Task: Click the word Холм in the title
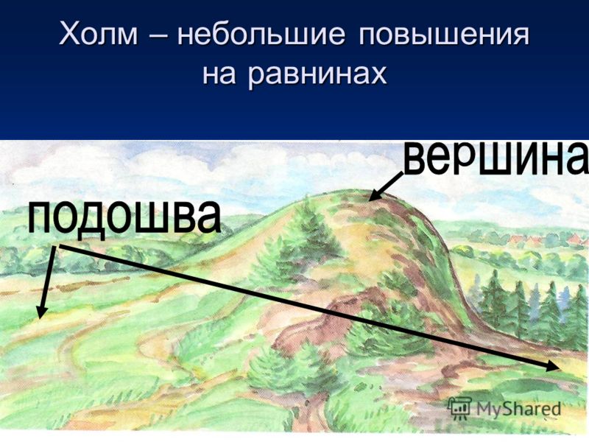(98, 34)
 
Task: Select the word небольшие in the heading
(261, 34)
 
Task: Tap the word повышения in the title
(443, 35)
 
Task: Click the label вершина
(495, 158)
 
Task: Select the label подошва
(124, 218)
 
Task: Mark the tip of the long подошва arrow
(560, 368)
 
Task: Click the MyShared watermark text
(518, 408)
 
